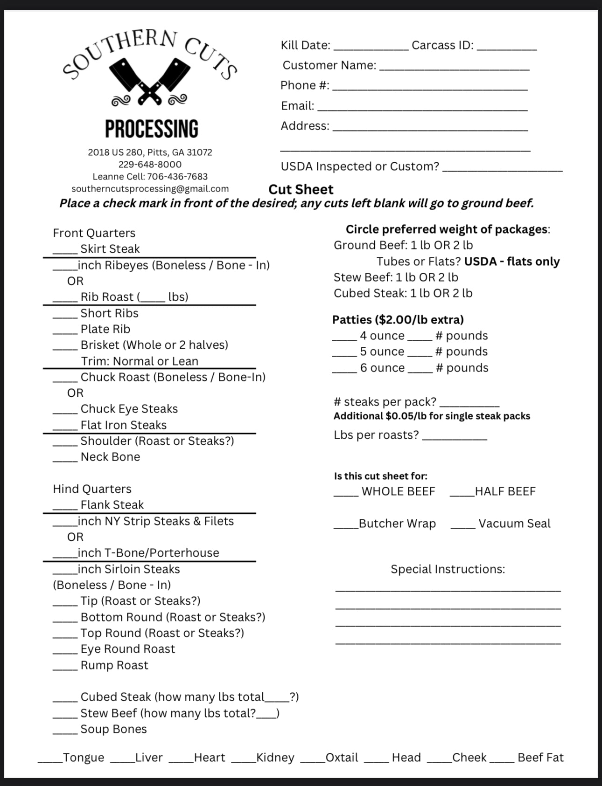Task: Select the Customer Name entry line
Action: click(x=454, y=68)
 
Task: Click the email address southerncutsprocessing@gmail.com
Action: click(x=150, y=189)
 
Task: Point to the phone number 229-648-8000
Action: click(x=150, y=165)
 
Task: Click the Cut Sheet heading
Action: click(x=301, y=189)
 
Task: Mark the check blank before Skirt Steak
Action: click(x=64, y=251)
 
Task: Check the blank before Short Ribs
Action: click(x=64, y=316)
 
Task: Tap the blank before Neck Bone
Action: click(x=64, y=459)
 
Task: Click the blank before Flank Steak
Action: click(x=64, y=507)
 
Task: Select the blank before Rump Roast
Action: click(x=64, y=668)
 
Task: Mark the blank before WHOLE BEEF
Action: click(x=346, y=494)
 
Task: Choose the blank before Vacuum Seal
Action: click(x=462, y=526)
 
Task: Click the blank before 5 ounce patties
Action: click(x=344, y=354)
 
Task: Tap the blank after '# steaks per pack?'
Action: click(x=469, y=404)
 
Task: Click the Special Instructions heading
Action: click(x=448, y=569)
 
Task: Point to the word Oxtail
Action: click(x=342, y=758)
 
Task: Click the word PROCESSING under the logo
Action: click(x=151, y=129)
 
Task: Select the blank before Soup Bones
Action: click(x=64, y=731)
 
